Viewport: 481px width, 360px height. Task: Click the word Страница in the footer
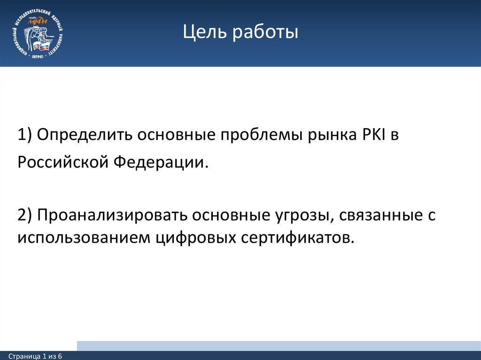click(24, 357)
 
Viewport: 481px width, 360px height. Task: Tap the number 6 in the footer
click(61, 357)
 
